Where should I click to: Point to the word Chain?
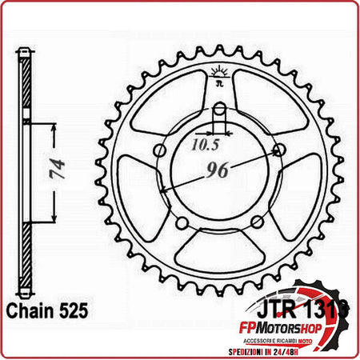30,306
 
